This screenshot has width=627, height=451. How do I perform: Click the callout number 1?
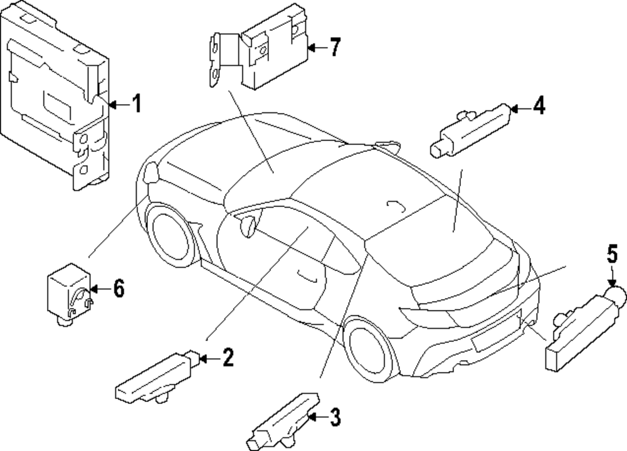coord(136,103)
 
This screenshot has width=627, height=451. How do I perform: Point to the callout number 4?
coord(539,107)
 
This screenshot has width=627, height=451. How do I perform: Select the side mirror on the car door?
coord(248,225)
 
